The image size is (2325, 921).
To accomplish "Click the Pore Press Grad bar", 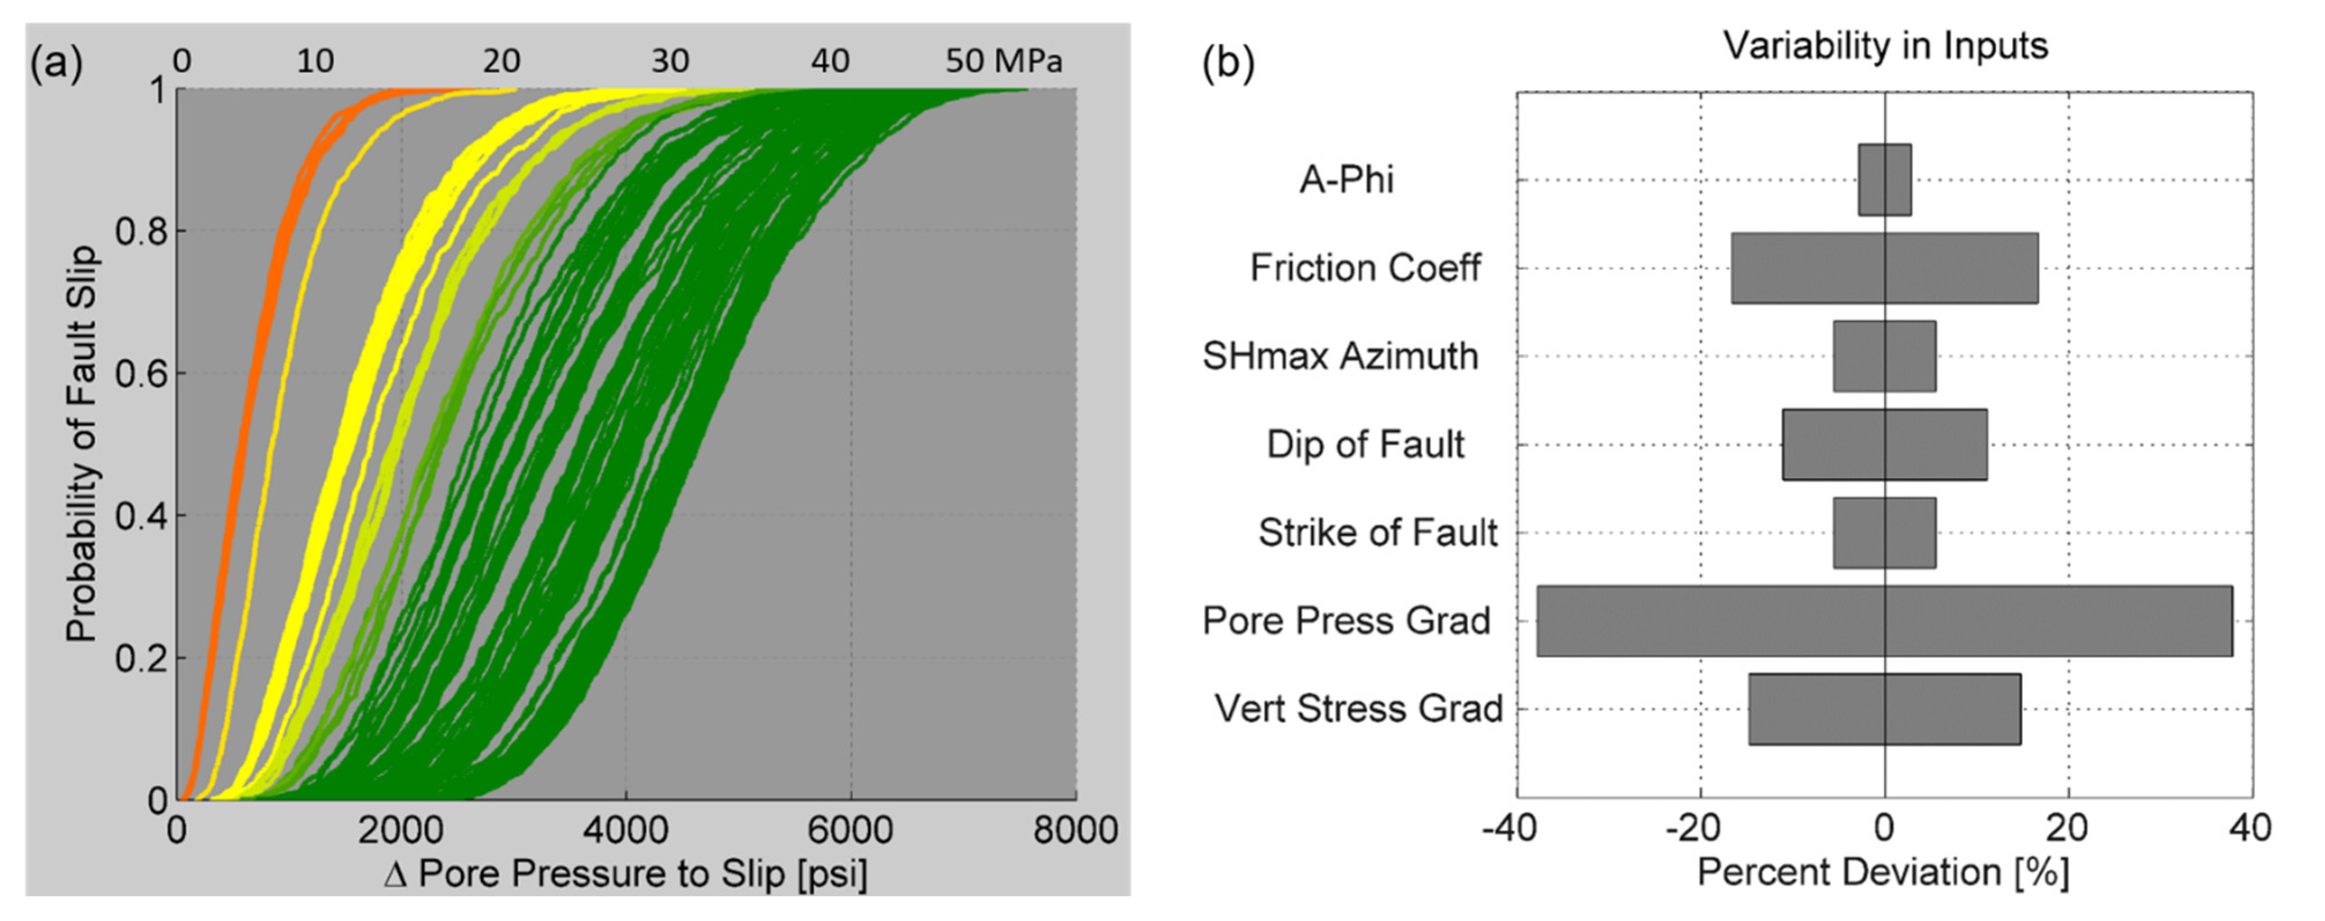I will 1885,621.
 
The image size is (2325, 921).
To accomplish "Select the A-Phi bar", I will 1885,180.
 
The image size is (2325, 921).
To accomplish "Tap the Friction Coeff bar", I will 1885,268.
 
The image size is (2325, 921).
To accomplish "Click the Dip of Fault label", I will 1365,444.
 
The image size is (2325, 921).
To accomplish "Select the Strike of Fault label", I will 1377,532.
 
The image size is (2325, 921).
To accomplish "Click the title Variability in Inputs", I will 1885,45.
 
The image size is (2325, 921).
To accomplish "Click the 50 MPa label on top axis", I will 1004,61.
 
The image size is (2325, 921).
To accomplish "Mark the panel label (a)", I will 56,63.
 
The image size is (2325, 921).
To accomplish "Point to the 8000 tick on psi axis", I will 1075,829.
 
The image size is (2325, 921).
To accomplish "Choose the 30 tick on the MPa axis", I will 670,61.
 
